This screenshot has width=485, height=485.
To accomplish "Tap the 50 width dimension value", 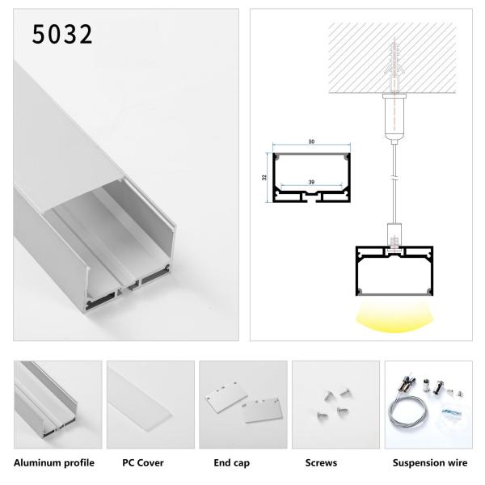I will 311,143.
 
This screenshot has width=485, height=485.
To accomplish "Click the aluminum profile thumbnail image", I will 57,404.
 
